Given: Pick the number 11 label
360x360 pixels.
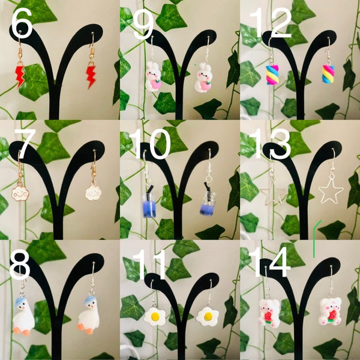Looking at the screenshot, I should coord(148,263).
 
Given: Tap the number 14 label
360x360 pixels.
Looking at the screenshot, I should coord(270,262).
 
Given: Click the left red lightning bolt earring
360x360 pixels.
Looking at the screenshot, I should coord(20,75).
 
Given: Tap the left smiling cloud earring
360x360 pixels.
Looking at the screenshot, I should coord(20,193).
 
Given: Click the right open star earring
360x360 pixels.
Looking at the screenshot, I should coord(330,191).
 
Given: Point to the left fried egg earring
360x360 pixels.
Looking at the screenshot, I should coord(154,315).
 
